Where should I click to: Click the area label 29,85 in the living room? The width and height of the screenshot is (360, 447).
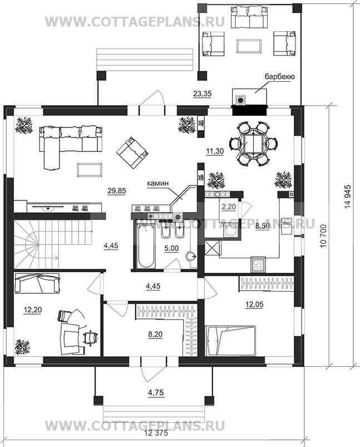click(x=117, y=191)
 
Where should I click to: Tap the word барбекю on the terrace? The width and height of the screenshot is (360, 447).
click(x=279, y=77)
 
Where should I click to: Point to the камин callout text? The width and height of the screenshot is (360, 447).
click(x=158, y=184)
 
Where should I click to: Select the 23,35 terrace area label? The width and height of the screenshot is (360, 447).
click(x=202, y=94)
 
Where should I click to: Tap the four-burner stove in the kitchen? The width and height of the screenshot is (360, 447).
click(x=259, y=265)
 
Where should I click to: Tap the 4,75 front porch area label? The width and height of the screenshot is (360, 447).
click(x=156, y=393)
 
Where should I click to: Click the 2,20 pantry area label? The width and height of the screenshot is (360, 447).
click(x=229, y=207)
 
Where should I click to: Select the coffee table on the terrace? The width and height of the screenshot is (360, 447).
click(x=249, y=46)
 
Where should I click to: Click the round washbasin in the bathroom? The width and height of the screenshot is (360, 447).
click(x=191, y=257)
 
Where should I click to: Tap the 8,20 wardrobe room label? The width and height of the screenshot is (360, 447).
click(x=155, y=334)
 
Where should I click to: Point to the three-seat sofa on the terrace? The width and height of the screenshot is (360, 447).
click(x=249, y=17)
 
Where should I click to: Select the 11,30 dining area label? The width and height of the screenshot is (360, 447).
click(x=215, y=151)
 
